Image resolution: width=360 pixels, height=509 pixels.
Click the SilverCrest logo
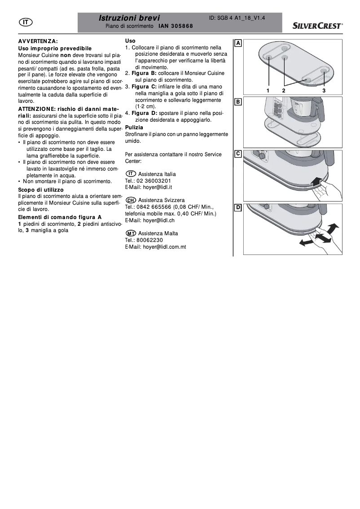(318, 26)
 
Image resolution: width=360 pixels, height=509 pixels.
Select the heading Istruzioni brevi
(129, 18)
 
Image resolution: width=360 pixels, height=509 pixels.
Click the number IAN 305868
(176, 26)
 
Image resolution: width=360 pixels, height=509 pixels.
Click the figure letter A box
(238, 43)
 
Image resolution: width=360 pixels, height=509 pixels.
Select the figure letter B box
(238, 101)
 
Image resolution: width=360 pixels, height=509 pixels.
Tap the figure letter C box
(238, 154)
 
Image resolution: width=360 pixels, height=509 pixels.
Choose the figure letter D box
(238, 207)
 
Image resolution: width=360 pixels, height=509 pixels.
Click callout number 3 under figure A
(324, 90)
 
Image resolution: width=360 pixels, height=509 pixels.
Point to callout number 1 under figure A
(268, 90)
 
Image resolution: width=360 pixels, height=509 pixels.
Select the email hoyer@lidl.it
(150, 187)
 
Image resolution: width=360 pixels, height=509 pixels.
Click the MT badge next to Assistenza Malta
(131, 233)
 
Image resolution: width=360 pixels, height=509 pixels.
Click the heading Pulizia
(134, 127)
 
